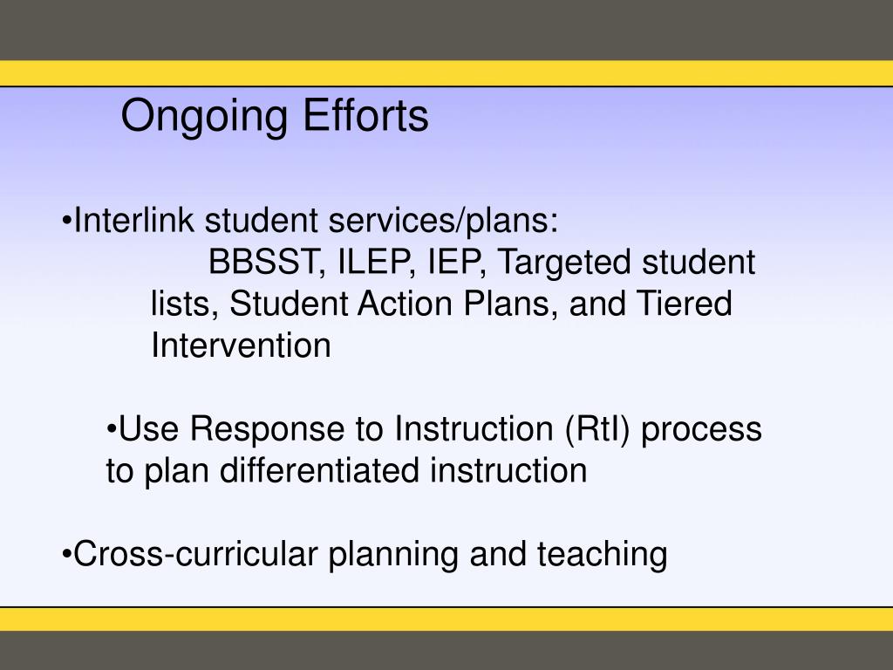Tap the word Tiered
coord(685,304)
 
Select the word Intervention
coord(241,346)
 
